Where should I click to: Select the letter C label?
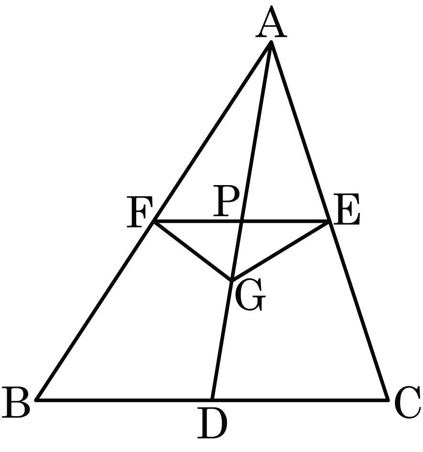[408, 403]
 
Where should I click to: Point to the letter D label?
[212, 423]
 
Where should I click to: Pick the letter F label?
[140, 211]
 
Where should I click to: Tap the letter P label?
[226, 200]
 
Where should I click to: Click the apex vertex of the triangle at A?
[271, 43]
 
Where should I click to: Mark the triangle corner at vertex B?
[37, 399]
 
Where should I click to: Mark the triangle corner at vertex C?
[388, 399]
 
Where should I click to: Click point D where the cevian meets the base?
[212, 399]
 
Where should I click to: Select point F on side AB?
[154, 221]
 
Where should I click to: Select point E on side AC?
[330, 221]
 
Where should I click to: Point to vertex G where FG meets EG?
[231, 280]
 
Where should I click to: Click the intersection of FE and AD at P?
[241, 221]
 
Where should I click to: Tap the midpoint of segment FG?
[193, 251]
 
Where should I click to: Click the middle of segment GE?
[281, 251]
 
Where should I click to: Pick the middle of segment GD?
[222, 340]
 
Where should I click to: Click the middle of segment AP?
[256, 132]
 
